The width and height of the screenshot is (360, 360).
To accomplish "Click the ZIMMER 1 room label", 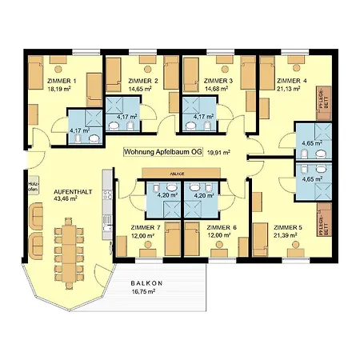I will (62, 80).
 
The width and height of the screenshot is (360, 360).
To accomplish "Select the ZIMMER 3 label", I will (218, 81).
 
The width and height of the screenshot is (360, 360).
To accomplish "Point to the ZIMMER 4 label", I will (291, 81).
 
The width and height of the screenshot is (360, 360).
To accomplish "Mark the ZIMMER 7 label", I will (145, 227).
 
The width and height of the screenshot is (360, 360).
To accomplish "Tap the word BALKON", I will (148, 284).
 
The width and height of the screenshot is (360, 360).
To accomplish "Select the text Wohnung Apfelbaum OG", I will (162, 150).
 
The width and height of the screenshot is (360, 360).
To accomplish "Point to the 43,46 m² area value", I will (66, 199).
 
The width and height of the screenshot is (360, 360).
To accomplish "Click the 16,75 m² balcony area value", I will (148, 293).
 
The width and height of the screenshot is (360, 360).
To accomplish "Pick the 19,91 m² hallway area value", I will (218, 150).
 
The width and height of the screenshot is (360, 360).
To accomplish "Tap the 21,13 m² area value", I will (290, 89).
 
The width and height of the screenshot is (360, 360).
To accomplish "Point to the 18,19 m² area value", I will (61, 89).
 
